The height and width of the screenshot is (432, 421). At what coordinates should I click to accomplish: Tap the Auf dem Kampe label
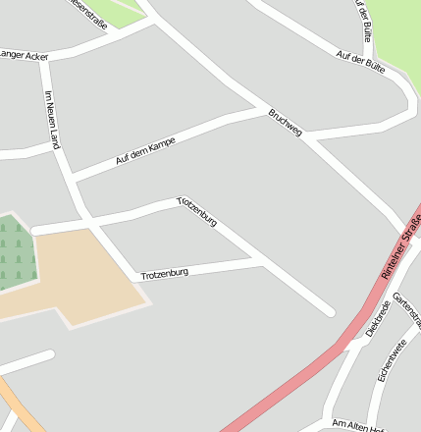click(145, 149)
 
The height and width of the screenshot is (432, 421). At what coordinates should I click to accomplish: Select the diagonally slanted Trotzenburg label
click(196, 212)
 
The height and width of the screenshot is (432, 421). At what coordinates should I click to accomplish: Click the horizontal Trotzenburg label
click(164, 274)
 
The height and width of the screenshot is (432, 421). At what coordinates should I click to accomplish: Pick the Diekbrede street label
click(377, 319)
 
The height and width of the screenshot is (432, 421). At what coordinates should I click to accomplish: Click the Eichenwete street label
click(392, 360)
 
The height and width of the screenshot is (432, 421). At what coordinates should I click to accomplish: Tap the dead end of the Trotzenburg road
click(330, 312)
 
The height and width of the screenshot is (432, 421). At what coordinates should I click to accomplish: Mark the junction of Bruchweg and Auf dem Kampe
click(263, 111)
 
